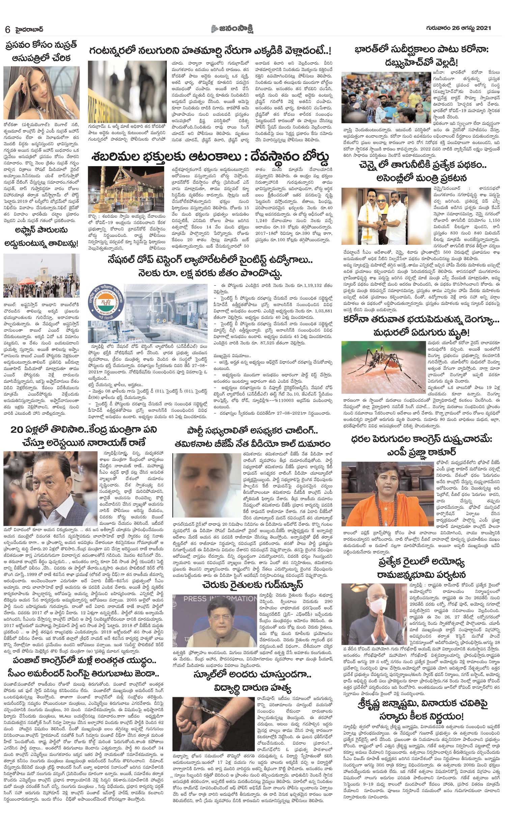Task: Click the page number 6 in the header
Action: [x=8, y=29]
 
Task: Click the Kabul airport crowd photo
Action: [x=41, y=276]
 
